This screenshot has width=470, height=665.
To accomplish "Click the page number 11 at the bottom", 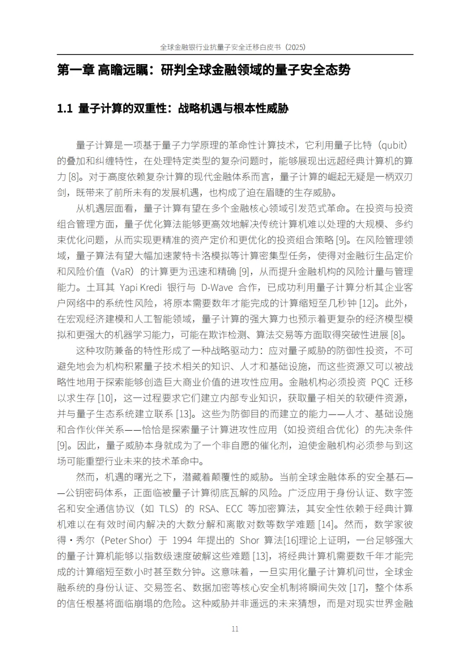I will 235,629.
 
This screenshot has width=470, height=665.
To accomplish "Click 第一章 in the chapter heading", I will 75,70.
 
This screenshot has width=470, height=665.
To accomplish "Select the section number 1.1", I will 65,108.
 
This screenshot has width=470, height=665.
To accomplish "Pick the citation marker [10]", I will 106,398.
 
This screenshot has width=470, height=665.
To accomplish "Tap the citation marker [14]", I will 326,524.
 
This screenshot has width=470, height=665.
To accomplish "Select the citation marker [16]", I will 291,540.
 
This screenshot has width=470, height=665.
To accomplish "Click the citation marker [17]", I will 357,587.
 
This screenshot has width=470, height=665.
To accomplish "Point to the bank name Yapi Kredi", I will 141,287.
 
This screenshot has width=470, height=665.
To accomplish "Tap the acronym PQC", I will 380,382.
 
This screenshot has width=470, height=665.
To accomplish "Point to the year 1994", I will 183,540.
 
